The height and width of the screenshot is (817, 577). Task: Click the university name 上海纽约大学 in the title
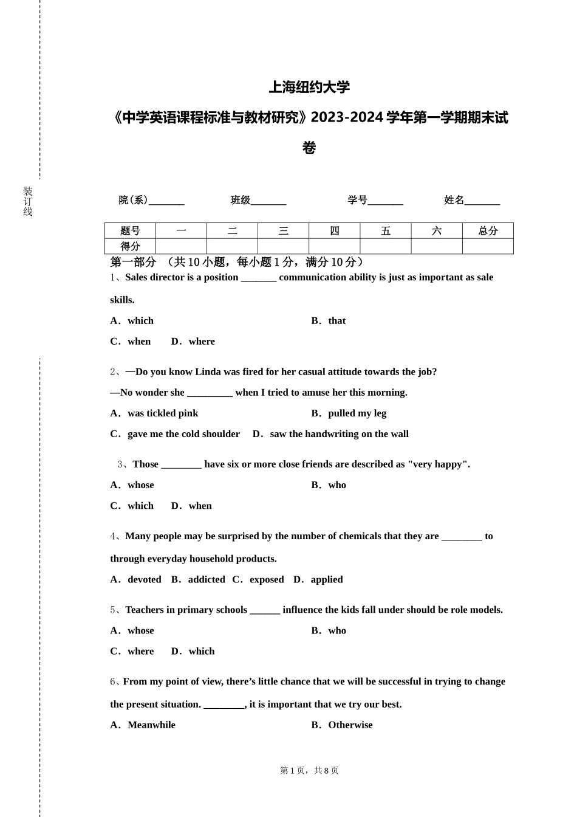point(309,88)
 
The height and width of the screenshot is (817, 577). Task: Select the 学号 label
point(357,200)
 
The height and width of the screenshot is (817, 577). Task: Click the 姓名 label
point(454,200)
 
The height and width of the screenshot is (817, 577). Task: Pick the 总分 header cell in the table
point(488,231)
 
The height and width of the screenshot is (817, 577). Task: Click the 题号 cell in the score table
point(130,231)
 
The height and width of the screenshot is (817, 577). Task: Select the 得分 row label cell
point(130,246)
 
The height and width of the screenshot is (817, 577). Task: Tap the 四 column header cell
point(335,231)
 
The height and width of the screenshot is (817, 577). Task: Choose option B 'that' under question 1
point(336,321)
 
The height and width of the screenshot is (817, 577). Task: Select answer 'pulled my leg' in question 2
point(357,413)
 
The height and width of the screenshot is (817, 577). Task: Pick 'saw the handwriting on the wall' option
point(339,434)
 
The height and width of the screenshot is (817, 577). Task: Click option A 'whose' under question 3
point(140,485)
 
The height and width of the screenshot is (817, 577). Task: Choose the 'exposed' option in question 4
point(267,580)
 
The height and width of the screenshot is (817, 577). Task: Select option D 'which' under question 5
point(202,652)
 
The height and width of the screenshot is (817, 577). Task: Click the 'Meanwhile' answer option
point(151,725)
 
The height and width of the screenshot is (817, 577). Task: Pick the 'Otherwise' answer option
point(350,725)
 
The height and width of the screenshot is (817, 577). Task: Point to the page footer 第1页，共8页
point(309,771)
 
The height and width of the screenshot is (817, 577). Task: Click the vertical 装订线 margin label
point(28,202)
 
